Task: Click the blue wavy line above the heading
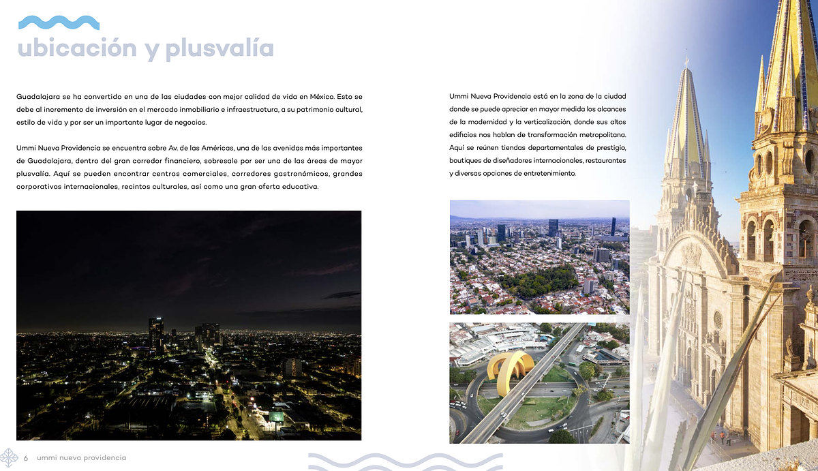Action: click(x=59, y=22)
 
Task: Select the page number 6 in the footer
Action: click(x=26, y=457)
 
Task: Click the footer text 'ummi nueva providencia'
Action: click(x=82, y=457)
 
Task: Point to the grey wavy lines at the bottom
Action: click(x=405, y=461)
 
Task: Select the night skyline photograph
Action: click(x=189, y=325)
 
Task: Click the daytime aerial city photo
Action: click(x=539, y=256)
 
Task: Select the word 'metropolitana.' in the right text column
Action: click(x=598, y=135)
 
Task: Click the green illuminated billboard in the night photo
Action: click(x=276, y=416)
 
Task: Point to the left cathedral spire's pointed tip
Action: click(x=686, y=63)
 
